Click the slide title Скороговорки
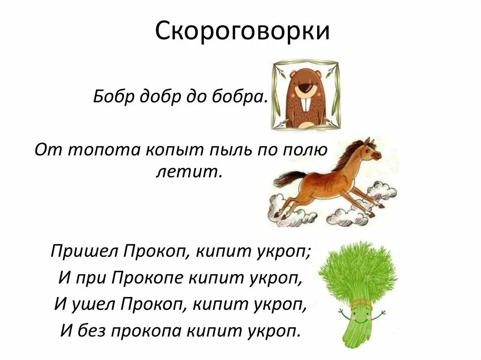240,31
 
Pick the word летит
187,172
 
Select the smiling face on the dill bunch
359,312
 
